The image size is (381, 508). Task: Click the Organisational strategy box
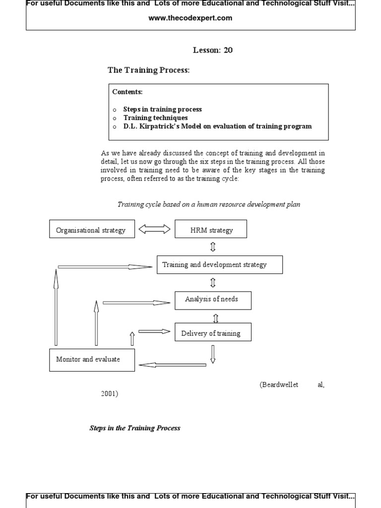pos(92,229)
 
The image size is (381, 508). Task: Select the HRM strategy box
pos(211,229)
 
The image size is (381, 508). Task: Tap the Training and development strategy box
pos(219,264)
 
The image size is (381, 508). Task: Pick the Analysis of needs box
pos(212,300)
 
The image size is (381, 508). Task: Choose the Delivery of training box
pos(212,332)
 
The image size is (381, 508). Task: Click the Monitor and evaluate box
pos(92,360)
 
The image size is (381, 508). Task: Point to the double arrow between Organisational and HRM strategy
pos(154,229)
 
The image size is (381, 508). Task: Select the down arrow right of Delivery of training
pos(213,354)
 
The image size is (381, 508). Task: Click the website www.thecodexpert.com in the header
pos(190,18)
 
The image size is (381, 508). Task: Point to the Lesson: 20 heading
pos(212,50)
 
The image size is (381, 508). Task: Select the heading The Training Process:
pos(149,70)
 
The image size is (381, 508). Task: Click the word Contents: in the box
pos(127,92)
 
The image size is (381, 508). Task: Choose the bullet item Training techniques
pos(155,118)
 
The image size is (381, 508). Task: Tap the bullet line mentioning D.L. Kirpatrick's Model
pos(217,126)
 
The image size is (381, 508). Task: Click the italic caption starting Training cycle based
pos(208,204)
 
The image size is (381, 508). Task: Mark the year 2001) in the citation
pos(110,394)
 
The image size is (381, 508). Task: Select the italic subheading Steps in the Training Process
pos(135,428)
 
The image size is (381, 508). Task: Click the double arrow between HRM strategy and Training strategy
pos(213,247)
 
